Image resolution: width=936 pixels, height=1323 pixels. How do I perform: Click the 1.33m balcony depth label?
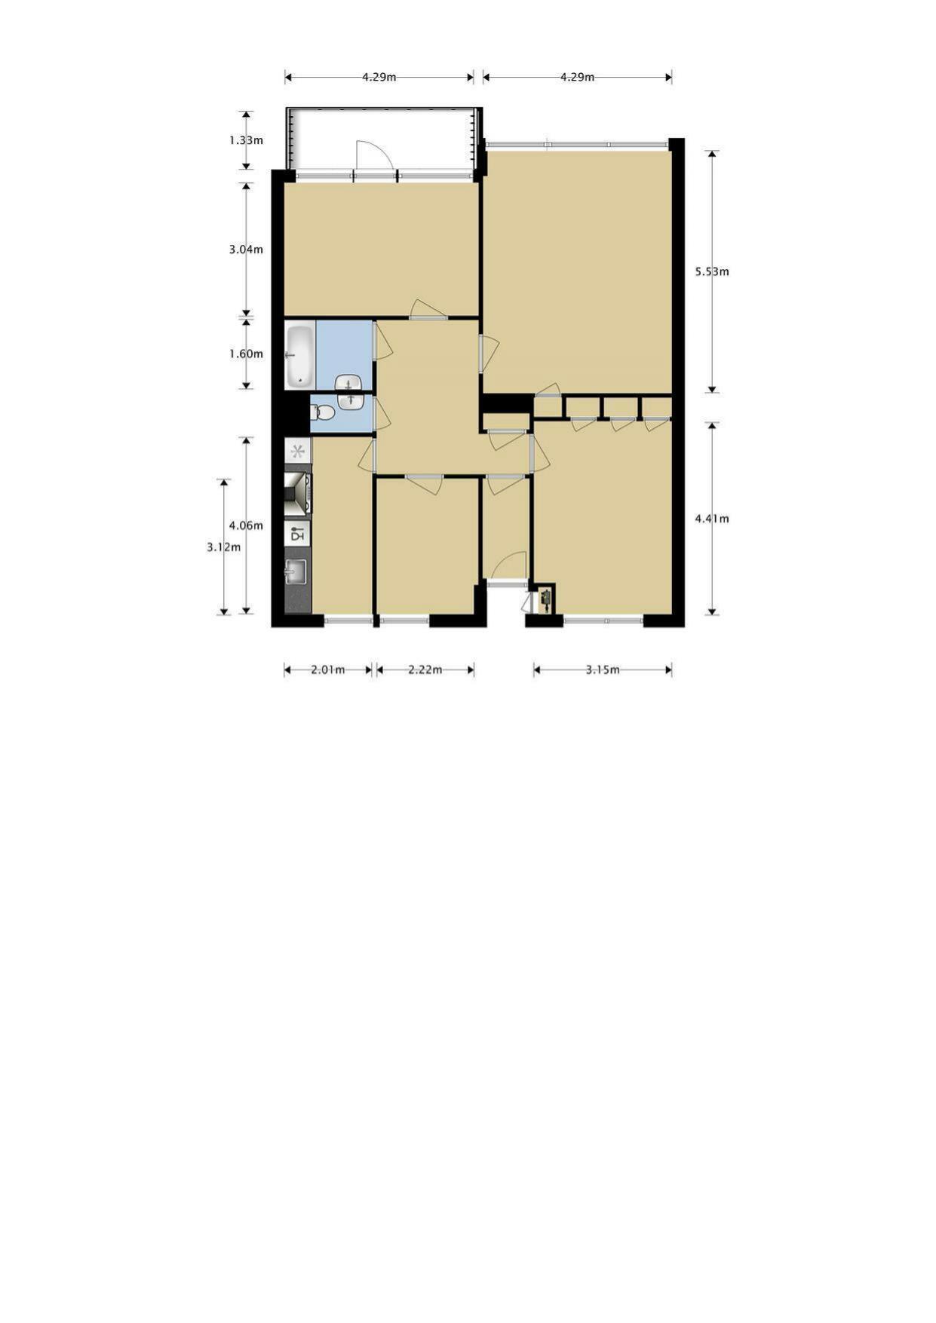246,140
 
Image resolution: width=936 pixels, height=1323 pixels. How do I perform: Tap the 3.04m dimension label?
246,249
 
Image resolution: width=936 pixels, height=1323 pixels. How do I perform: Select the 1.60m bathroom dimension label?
246,354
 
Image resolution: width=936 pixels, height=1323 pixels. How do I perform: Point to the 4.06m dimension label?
246,525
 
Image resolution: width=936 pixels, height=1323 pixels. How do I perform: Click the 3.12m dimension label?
224,547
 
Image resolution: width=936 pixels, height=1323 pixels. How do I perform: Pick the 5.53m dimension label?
712,271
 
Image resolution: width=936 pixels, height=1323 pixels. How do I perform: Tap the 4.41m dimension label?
712,519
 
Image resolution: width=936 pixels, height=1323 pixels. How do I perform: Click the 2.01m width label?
328,669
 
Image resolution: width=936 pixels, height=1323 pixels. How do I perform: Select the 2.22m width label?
425,669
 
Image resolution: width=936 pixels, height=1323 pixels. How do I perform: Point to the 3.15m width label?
603,669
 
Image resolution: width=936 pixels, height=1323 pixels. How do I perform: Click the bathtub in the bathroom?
300,355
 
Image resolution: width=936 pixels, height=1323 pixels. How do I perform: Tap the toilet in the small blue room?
324,412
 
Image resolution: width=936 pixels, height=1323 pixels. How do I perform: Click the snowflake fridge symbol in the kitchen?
298,452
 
